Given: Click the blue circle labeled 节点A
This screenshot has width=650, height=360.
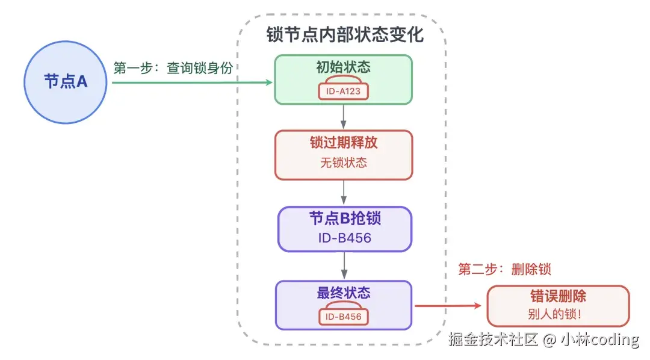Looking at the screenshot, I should coord(66,81).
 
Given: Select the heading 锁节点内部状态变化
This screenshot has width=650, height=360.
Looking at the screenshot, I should coord(345,34).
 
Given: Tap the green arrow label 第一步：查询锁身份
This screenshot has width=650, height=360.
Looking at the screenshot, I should coord(173,68).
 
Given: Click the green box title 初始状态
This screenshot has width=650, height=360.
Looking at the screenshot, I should coord(343,67).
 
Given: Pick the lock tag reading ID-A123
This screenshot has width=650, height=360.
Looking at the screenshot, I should coord(343,92).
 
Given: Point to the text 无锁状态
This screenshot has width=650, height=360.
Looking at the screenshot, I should coord(344,163).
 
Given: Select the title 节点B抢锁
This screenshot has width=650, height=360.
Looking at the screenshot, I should coord(345,218).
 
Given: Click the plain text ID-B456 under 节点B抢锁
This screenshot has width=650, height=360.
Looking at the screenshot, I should coord(344,238).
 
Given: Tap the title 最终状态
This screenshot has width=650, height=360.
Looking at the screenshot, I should coord(343,293).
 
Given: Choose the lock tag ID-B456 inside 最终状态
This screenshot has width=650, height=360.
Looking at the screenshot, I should coord(343,317).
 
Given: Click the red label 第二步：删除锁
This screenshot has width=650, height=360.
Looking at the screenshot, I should coord(504,269).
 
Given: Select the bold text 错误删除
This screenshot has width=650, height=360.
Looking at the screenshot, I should coord(558,296).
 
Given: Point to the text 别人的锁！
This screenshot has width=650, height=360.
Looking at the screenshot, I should coord(558,314).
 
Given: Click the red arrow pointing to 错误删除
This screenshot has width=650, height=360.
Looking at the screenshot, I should coord(448,306).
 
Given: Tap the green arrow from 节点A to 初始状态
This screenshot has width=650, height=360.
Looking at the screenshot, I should coord(193,81).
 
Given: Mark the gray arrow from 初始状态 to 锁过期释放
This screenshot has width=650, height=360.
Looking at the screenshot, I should coord(344,117).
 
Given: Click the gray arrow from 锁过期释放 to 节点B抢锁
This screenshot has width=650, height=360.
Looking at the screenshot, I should coord(344,193).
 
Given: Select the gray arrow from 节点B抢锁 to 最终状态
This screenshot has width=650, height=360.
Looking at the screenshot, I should coord(344,265).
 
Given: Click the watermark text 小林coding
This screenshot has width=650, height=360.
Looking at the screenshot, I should coord(599,340).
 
